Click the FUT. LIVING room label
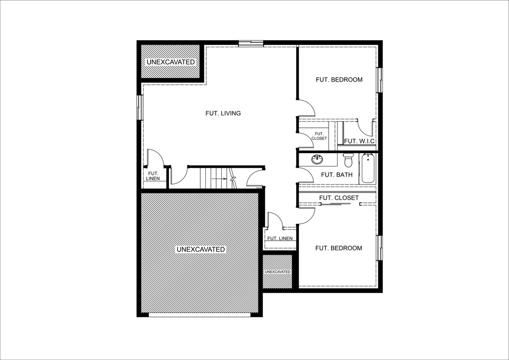point(223,113)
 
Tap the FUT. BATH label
point(337,175)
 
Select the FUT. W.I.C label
point(359,141)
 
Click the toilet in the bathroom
point(348,160)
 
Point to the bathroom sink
point(317,160)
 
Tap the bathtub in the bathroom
point(368,169)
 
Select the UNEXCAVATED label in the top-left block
point(170,62)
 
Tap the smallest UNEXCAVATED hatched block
point(277,271)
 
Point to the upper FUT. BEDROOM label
point(339,80)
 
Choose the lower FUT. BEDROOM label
point(339,248)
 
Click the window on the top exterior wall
point(250,44)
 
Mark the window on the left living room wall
point(140,107)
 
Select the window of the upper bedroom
point(380,80)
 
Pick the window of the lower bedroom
point(380,248)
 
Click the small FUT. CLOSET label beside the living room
point(320,136)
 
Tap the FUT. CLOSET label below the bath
point(339,198)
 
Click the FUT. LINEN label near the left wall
point(153,176)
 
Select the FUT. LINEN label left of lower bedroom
point(280,238)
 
